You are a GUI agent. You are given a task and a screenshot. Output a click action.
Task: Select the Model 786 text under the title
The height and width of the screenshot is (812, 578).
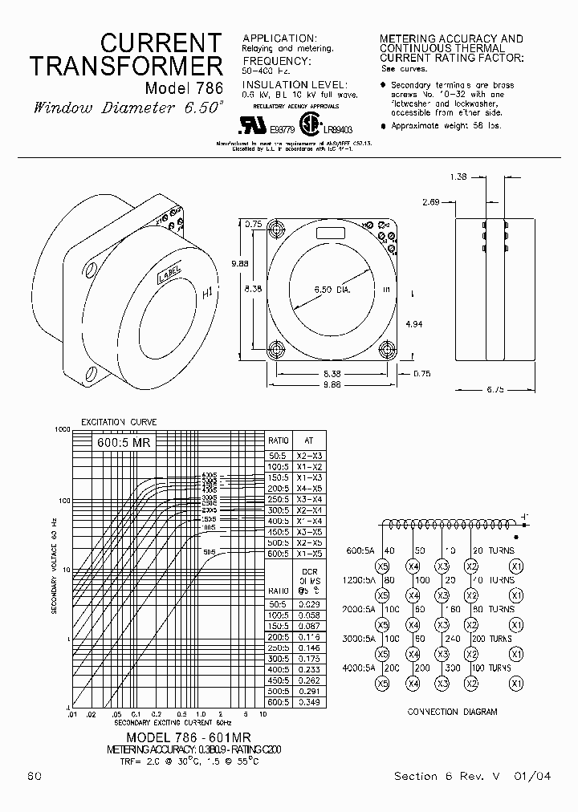tap(183, 87)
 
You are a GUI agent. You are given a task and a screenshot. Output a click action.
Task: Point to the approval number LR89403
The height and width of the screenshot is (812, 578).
tap(338, 128)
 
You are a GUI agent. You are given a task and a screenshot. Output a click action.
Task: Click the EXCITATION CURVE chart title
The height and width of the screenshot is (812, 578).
tap(118, 422)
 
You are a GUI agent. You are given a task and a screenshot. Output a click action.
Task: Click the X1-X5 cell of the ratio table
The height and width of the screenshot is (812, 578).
tap(308, 554)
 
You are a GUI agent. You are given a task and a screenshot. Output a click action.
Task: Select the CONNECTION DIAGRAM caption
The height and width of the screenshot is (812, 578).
tap(451, 712)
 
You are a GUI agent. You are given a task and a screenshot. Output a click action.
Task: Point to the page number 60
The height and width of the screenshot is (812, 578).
tap(35, 776)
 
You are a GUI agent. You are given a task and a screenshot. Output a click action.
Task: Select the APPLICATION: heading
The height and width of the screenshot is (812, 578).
tap(279, 38)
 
